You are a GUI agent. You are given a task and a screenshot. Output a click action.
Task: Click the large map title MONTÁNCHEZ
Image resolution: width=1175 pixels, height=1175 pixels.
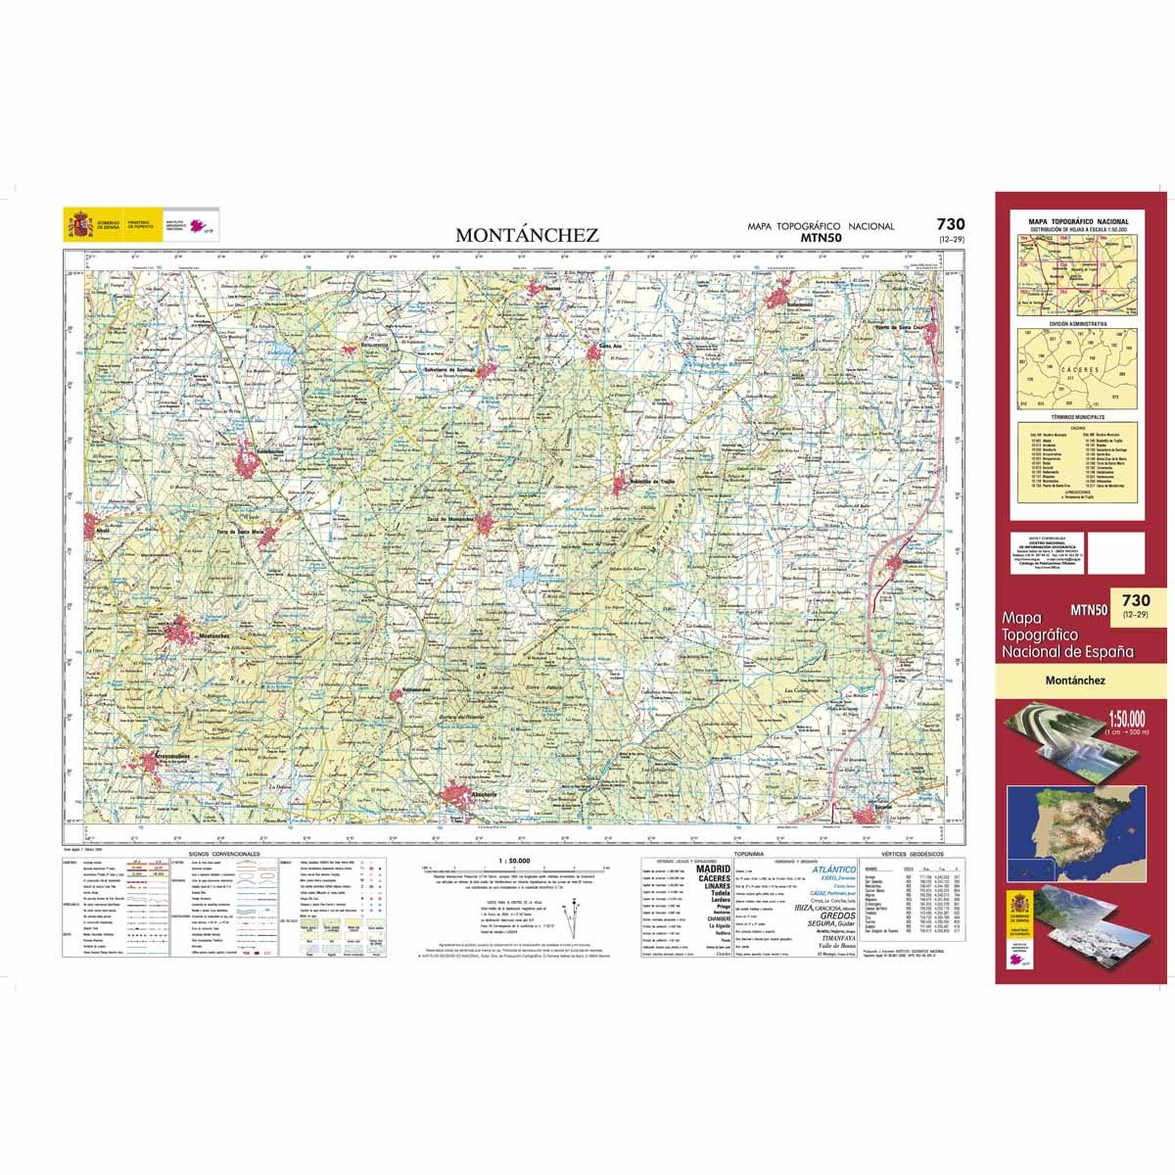[526, 235]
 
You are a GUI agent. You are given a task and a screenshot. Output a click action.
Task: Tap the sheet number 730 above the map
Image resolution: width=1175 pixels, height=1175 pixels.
[949, 224]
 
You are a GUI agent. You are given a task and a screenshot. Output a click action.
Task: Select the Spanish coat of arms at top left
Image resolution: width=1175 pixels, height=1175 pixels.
[77, 224]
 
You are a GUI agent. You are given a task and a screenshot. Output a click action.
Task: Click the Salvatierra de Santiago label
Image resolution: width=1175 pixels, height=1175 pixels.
[441, 368]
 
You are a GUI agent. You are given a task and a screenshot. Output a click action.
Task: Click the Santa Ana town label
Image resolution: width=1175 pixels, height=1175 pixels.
[611, 346]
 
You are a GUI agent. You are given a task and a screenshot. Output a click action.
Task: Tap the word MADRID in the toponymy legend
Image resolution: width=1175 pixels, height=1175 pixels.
[712, 869]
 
